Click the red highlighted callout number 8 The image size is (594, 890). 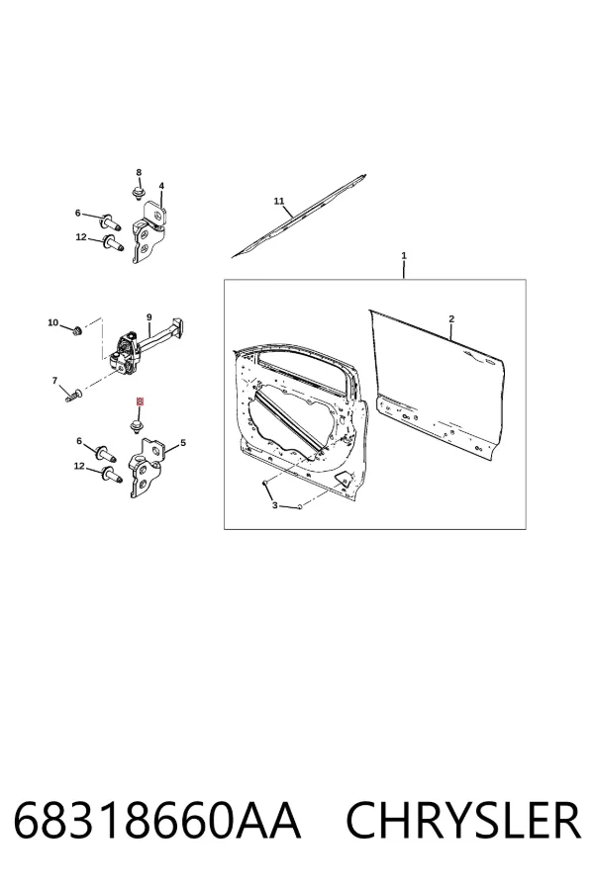pyautogui.click(x=140, y=401)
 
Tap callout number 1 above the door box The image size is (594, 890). pyautogui.click(x=404, y=256)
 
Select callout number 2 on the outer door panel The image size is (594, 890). pyautogui.click(x=451, y=319)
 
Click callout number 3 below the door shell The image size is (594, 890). pyautogui.click(x=275, y=505)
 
